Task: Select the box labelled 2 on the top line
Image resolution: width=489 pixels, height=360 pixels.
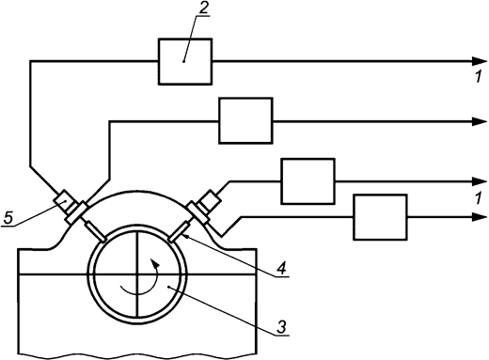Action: pyautogui.click(x=184, y=60)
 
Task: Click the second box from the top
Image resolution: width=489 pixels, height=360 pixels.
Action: pyautogui.click(x=244, y=120)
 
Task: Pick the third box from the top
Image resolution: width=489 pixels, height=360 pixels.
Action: pyautogui.click(x=308, y=181)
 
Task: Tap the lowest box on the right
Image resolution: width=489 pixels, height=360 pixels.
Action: pyautogui.click(x=380, y=218)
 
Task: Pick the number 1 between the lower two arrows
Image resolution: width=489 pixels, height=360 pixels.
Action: pyautogui.click(x=479, y=198)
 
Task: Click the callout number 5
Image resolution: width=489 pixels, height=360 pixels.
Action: pyautogui.click(x=9, y=220)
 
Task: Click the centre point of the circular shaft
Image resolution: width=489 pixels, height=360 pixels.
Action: pyautogui.click(x=138, y=273)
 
